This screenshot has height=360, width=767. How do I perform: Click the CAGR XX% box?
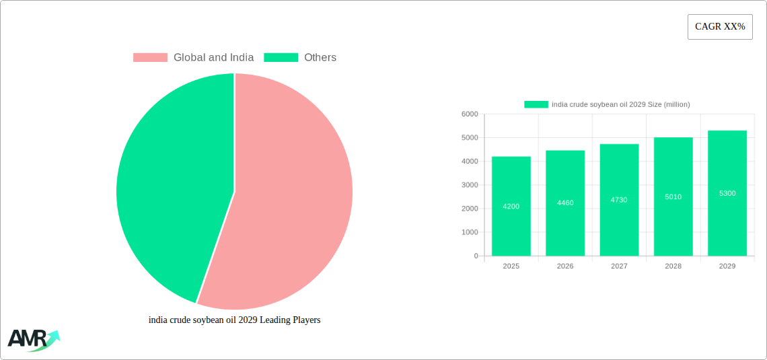pos(719,27)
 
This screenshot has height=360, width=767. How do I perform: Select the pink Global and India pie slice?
pos(296,202)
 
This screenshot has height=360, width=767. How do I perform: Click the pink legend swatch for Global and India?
pos(150,58)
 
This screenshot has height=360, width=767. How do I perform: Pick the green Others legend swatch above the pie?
pos(281,58)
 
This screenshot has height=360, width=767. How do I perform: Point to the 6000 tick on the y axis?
pos(469,114)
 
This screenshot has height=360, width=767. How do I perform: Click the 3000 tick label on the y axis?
pos(469,185)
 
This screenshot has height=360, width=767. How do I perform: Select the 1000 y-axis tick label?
pos(469,232)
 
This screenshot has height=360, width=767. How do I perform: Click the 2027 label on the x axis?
pos(619,266)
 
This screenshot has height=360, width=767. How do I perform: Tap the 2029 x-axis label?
pos(727,266)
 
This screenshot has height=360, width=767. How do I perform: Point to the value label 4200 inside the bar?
pos(511,207)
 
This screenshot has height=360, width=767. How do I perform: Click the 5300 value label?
pos(727,194)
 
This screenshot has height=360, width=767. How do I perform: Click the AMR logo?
pos(33,340)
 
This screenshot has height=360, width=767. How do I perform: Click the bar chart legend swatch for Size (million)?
pos(536,104)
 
